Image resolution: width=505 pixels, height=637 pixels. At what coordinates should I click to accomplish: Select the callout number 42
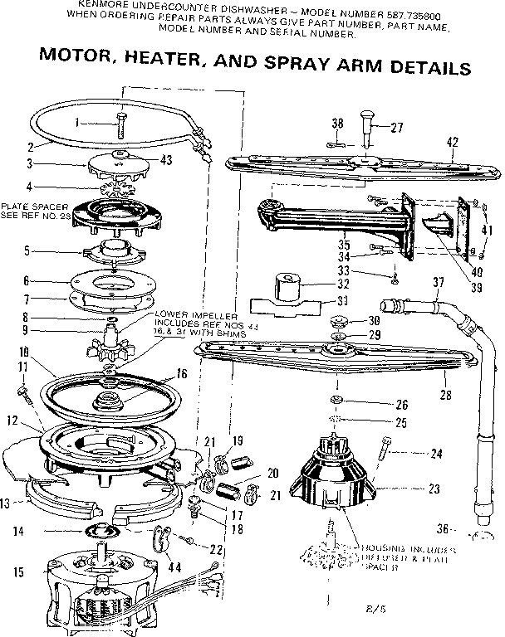coord(452,142)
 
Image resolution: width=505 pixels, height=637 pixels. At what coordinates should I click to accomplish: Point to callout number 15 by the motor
coord(18,571)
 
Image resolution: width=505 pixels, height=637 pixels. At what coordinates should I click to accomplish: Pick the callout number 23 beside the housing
coord(433,489)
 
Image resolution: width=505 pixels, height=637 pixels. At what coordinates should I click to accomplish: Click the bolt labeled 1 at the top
coord(121,125)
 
